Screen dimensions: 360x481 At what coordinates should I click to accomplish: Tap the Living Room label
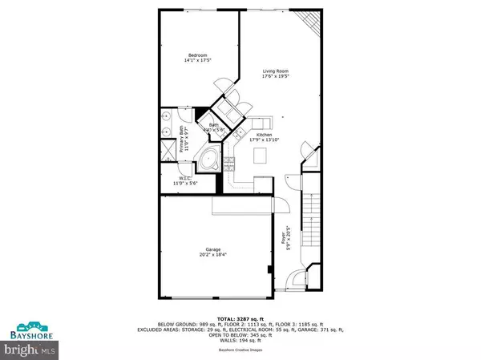click(276, 71)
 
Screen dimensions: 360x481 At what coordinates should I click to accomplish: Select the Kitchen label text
click(265, 134)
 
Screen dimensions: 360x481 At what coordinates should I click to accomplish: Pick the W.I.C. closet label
click(184, 178)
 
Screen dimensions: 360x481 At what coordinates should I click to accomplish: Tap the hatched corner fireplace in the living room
click(307, 22)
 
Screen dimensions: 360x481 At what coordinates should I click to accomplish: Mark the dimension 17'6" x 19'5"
click(276, 78)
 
